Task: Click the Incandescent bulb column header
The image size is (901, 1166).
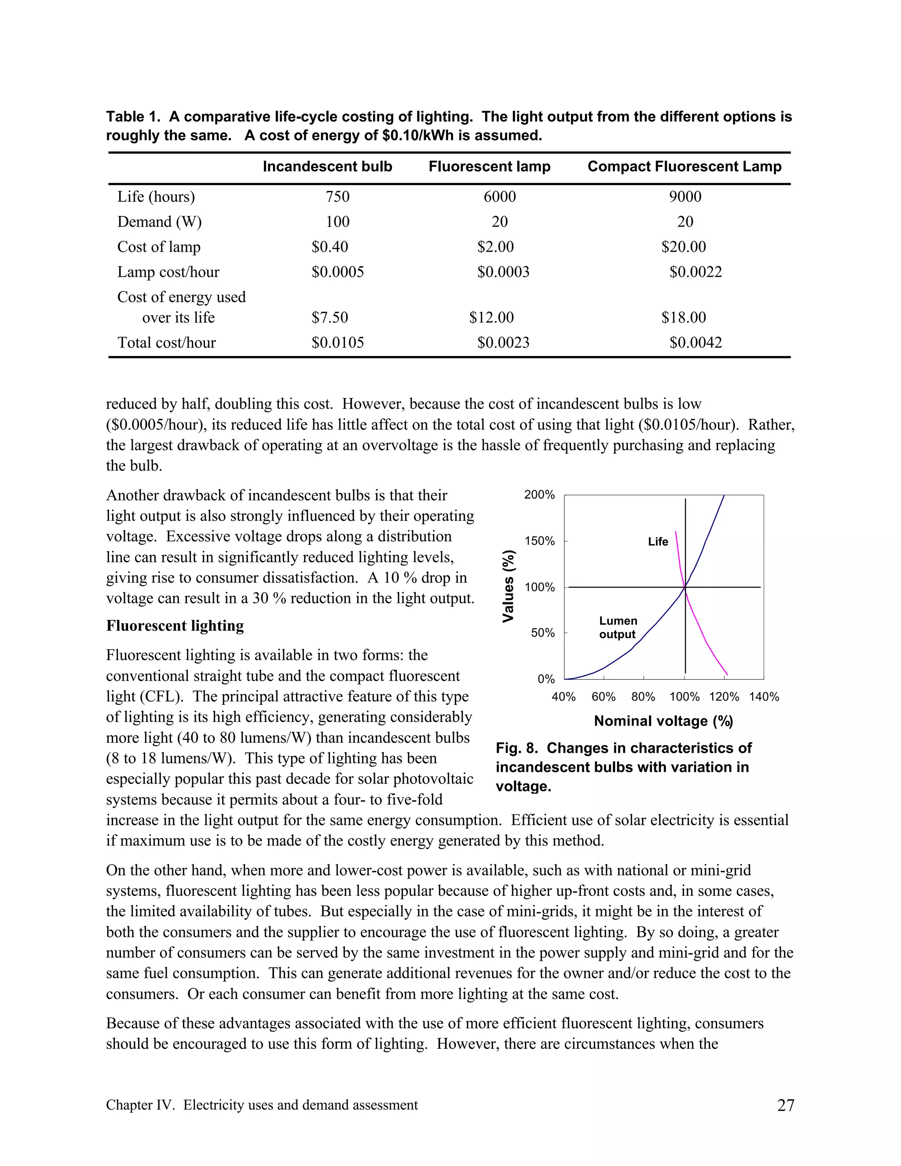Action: [x=327, y=167]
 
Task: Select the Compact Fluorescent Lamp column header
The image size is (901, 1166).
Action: [x=684, y=167]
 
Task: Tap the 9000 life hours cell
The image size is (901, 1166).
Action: [x=685, y=197]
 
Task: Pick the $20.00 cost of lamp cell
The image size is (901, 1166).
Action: [x=683, y=247]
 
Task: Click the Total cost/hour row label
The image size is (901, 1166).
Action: [x=167, y=342]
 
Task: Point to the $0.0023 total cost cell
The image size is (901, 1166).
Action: [x=503, y=342]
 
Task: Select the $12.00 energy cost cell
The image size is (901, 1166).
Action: [x=491, y=318]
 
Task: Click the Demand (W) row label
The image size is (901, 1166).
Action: [x=159, y=222]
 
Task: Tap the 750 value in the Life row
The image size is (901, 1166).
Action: [x=337, y=197]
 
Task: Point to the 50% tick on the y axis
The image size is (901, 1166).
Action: [x=542, y=633]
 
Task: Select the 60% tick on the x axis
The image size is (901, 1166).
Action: [x=603, y=697]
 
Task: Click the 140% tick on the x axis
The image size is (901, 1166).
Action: [x=764, y=697]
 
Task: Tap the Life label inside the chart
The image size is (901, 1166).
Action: [x=658, y=542]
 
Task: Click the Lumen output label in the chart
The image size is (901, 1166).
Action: [x=618, y=627]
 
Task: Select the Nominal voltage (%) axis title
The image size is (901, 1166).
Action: [x=663, y=721]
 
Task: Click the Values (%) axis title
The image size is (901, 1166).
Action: [x=509, y=586]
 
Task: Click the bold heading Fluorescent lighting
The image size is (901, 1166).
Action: [x=175, y=626]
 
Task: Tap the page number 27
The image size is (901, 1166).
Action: [x=785, y=1105]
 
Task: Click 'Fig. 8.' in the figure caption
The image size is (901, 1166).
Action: [x=516, y=748]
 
